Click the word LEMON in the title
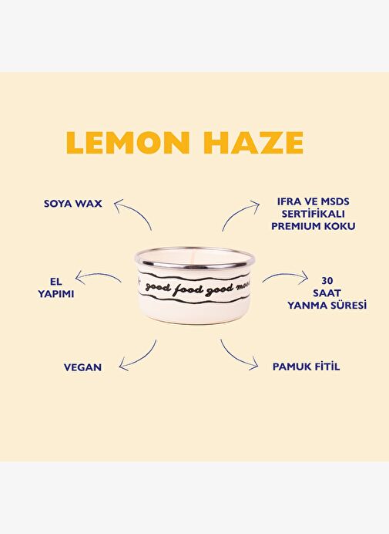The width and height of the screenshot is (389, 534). click(128, 142)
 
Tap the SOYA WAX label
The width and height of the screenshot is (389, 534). click(72, 204)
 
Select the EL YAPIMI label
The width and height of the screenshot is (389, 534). click(55, 288)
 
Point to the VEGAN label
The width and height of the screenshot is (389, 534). click(82, 367)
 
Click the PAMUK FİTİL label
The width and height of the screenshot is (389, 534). click(306, 367)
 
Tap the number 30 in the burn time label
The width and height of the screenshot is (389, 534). click(327, 281)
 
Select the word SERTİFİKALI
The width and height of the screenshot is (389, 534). click(314, 214)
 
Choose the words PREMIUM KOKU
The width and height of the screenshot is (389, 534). click(314, 226)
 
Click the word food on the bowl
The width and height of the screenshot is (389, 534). click(188, 290)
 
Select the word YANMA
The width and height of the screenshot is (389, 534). click(305, 305)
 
